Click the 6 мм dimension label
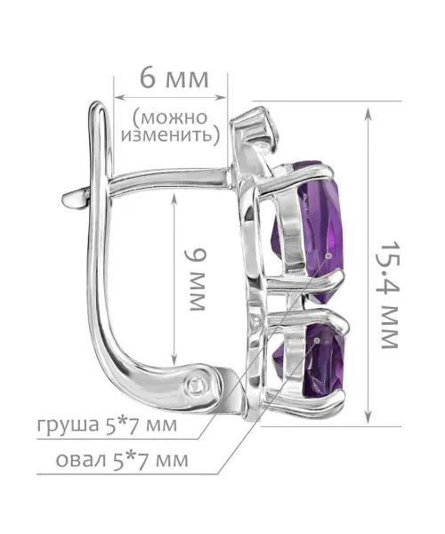(x=174, y=79)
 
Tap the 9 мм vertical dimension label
(x=196, y=279)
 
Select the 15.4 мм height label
(x=388, y=295)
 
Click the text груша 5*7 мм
(x=108, y=425)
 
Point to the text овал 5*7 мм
(x=122, y=460)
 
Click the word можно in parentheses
(x=170, y=117)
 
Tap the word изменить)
(x=171, y=135)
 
